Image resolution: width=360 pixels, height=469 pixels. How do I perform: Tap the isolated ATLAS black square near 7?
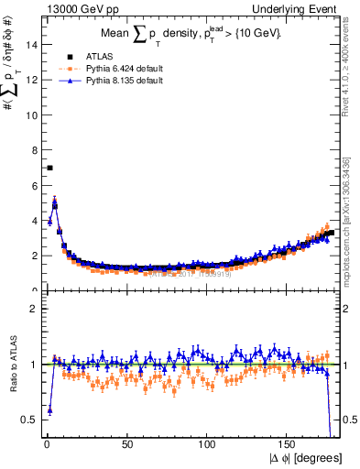(x=49, y=168)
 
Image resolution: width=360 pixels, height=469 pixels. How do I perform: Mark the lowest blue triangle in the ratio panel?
(x=49, y=409)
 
